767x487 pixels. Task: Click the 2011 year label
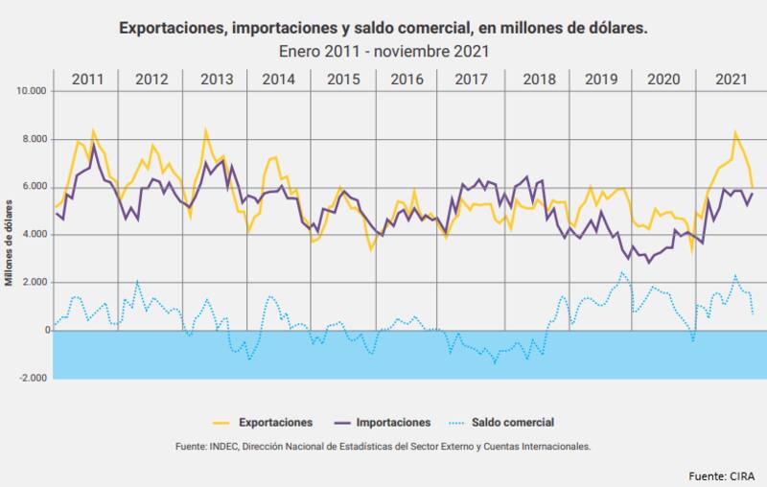tap(87, 79)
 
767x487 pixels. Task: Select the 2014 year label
tap(278, 79)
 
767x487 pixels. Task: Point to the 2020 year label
tap(664, 79)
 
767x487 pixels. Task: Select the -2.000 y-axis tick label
tap(33, 379)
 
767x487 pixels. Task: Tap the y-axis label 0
tap(44, 331)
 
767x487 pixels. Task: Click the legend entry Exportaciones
tap(275, 422)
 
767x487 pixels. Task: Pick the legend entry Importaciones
tap(393, 422)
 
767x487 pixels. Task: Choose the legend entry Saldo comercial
tap(512, 422)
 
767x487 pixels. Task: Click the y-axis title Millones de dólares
tap(9, 235)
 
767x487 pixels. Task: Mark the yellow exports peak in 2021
tap(735, 133)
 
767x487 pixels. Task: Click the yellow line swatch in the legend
tap(221, 422)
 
